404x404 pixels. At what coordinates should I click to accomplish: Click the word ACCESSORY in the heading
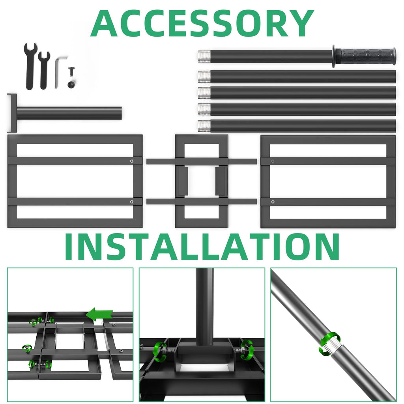click(202, 24)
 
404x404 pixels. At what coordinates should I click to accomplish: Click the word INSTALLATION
click(202, 247)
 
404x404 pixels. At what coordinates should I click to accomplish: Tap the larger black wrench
click(30, 66)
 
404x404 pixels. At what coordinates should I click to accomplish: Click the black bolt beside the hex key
click(71, 72)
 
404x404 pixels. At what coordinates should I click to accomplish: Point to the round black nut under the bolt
click(71, 84)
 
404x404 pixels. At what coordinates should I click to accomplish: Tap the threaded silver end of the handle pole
click(204, 57)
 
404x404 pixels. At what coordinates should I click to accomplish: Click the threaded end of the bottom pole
click(204, 126)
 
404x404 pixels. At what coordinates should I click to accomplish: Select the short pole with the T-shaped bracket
click(64, 113)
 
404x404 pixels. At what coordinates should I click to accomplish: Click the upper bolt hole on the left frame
click(132, 161)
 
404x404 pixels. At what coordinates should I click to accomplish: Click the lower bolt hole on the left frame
click(132, 202)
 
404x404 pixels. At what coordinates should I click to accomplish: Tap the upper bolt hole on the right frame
click(273, 161)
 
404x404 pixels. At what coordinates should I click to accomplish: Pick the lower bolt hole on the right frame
click(273, 202)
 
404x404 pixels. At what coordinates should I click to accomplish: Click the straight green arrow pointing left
click(99, 314)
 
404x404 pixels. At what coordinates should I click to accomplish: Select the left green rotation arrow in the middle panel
click(160, 352)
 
